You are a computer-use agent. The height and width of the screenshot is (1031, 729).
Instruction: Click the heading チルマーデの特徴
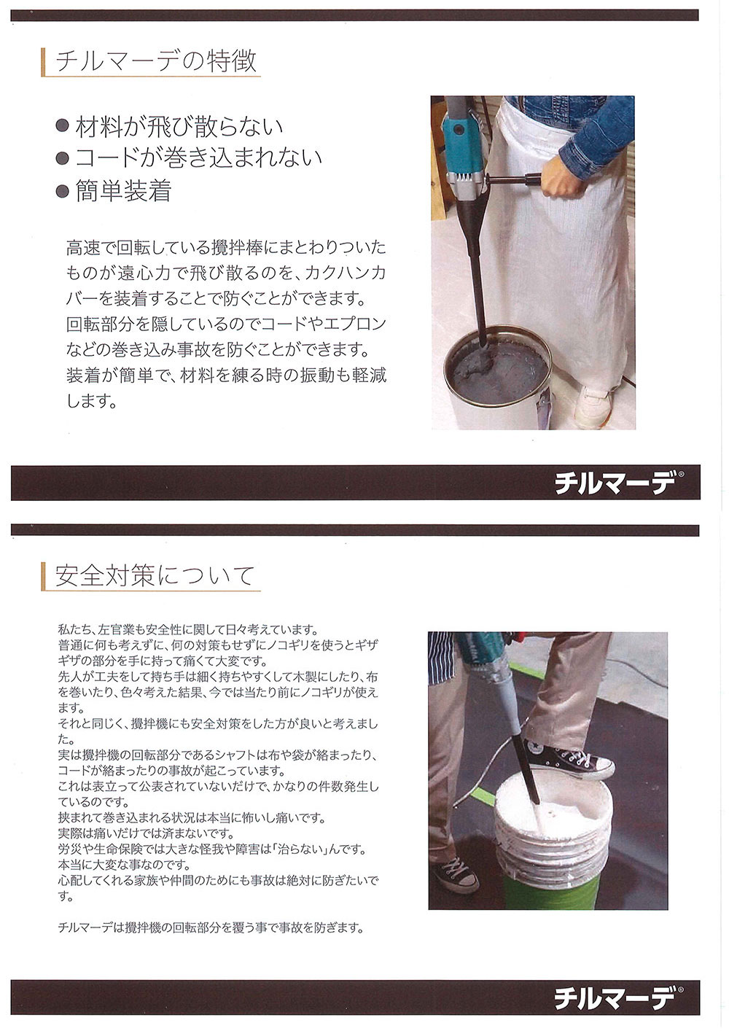coord(155,61)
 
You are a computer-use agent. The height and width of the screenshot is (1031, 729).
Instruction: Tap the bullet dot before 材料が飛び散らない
coord(62,125)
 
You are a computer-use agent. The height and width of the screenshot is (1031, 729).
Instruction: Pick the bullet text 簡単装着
coord(123,191)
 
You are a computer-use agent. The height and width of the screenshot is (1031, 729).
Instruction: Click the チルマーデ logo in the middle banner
coord(616,483)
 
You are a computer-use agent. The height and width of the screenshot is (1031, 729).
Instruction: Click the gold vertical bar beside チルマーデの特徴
coord(43,62)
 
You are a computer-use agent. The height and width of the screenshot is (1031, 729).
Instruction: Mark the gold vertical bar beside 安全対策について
coord(43,576)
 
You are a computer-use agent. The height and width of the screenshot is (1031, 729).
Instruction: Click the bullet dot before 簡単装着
coord(62,191)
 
